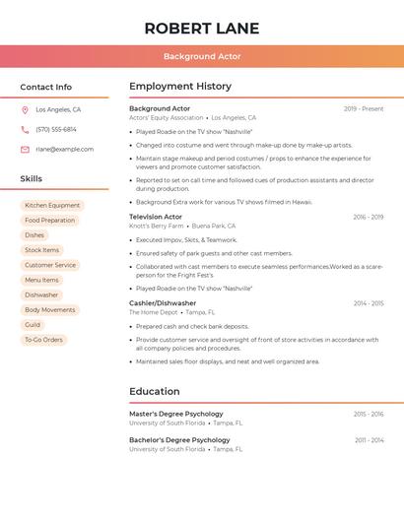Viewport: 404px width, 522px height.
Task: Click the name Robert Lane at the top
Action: pos(202,28)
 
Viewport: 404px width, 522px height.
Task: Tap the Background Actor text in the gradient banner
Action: pos(202,56)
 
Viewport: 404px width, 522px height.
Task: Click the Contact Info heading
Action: pos(46,87)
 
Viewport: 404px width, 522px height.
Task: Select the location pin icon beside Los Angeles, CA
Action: pos(25,110)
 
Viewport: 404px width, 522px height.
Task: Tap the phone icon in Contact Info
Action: pos(25,130)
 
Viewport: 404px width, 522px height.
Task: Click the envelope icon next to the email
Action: pos(25,150)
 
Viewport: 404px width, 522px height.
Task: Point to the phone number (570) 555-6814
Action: pos(56,130)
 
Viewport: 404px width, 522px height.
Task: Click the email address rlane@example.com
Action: pos(65,150)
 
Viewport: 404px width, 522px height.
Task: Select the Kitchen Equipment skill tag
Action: pos(52,206)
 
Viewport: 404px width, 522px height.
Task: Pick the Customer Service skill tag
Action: pos(50,265)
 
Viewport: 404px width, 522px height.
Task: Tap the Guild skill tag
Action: pos(33,325)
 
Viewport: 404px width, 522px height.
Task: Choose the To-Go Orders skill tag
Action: pos(43,340)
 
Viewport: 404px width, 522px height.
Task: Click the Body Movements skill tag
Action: pos(49,310)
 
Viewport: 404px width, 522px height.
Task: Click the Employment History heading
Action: pos(180,87)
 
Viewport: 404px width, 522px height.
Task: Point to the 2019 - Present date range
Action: pos(364,108)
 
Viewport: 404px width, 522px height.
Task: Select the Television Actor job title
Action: pos(156,217)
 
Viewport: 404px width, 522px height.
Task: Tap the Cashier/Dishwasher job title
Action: pos(163,303)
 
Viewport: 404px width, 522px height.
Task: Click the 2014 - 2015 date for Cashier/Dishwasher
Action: pos(369,303)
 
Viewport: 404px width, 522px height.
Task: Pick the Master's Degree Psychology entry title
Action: pos(176,414)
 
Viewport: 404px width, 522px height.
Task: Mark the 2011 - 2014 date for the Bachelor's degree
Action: pos(370,440)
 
